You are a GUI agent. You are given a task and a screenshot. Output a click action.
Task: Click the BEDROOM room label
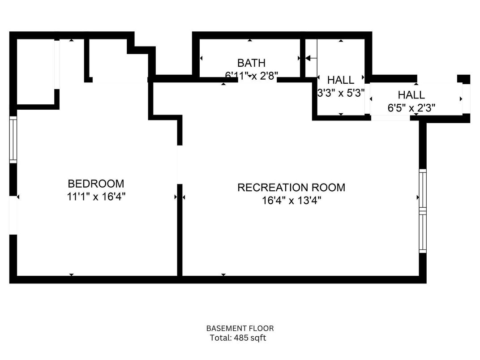point(96,184)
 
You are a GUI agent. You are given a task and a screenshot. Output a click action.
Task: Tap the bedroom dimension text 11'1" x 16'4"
point(96,197)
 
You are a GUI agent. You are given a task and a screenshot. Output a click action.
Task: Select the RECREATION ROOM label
point(291,187)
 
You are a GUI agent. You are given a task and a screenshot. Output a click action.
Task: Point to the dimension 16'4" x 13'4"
point(291,200)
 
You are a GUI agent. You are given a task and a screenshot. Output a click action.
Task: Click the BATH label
point(251,63)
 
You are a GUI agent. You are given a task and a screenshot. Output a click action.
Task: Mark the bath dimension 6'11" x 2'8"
point(251,76)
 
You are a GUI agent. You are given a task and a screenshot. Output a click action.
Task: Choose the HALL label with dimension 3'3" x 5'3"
point(341,80)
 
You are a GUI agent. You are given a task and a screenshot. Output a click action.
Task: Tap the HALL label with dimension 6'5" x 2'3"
point(411,95)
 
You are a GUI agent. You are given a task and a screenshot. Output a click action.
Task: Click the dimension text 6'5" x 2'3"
point(411,107)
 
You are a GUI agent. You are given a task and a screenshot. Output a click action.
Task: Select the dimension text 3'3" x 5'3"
point(341,93)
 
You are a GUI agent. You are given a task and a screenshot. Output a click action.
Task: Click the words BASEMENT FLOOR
point(240,328)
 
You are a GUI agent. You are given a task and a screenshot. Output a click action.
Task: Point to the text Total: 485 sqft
point(238,338)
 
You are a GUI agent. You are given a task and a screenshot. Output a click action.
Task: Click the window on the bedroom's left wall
point(13,140)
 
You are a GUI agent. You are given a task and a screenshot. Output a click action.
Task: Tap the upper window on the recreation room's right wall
point(423,189)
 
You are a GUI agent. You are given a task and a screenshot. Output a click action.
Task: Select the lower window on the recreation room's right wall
point(423,232)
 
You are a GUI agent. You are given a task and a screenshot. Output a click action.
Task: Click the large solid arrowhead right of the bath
point(308,58)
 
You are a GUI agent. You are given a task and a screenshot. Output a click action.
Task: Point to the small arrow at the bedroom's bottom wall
point(71,274)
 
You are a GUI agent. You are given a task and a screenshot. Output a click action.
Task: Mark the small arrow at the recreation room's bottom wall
point(223,274)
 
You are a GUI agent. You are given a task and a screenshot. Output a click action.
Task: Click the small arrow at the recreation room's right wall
point(418,197)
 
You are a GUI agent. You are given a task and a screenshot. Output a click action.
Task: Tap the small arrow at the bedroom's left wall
point(18,197)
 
